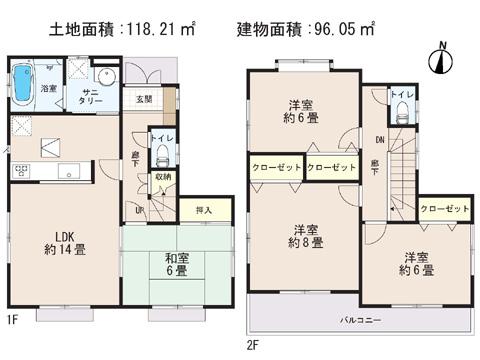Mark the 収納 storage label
click(162, 178)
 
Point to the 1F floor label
click(11, 320)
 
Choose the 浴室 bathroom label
click(48, 89)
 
